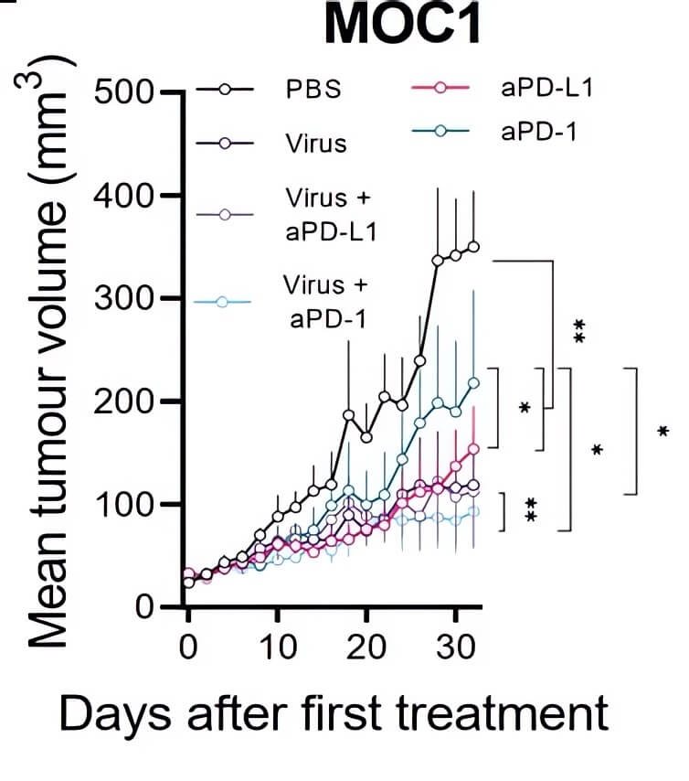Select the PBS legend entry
click(311, 91)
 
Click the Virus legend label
click(313, 143)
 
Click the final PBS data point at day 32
click(473, 246)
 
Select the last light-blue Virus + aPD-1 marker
click(473, 511)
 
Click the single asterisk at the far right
click(662, 431)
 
